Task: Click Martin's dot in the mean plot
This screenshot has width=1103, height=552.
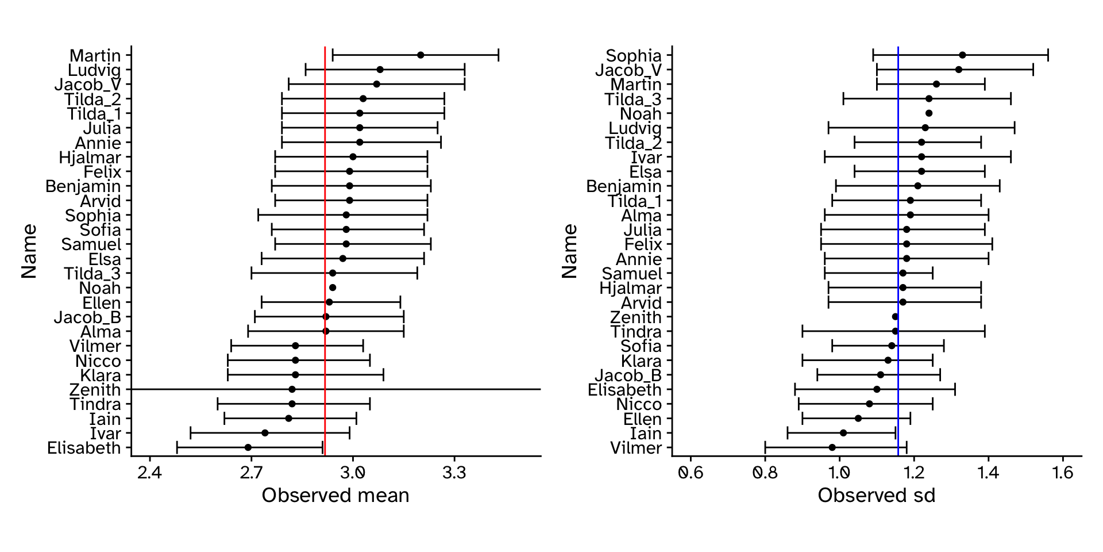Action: pyautogui.click(x=421, y=55)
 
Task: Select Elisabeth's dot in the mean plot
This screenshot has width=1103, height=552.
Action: pyautogui.click(x=248, y=447)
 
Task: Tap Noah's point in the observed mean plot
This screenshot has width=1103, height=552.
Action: pyautogui.click(x=333, y=287)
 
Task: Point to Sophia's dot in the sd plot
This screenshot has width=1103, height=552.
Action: pyautogui.click(x=962, y=55)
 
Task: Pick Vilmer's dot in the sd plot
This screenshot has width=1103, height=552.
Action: pyautogui.click(x=832, y=447)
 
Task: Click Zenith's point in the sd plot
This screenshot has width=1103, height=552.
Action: pyautogui.click(x=895, y=317)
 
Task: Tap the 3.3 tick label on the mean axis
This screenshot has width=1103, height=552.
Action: pyautogui.click(x=454, y=473)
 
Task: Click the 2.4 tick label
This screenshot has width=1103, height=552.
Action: pyautogui.click(x=150, y=473)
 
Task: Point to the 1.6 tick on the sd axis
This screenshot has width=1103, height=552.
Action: pyautogui.click(x=1063, y=473)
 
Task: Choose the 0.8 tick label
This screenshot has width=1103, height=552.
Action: pyautogui.click(x=765, y=473)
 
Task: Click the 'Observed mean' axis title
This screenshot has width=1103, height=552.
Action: pyautogui.click(x=335, y=496)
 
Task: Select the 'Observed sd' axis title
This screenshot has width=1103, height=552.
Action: pyautogui.click(x=877, y=496)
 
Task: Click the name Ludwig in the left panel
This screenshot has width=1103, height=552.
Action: pyautogui.click(x=94, y=70)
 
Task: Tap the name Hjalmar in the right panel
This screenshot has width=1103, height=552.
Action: pyautogui.click(x=630, y=288)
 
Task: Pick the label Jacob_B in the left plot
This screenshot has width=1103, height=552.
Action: pyautogui.click(x=87, y=317)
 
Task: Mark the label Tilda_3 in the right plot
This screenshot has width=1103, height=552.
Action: pyautogui.click(x=633, y=99)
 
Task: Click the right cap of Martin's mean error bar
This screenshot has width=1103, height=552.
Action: pyautogui.click(x=499, y=55)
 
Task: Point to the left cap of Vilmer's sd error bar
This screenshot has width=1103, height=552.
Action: pyautogui.click(x=765, y=447)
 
